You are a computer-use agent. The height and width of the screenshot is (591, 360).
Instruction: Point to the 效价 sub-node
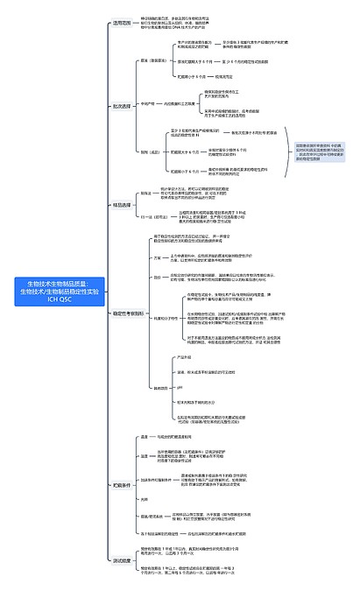click(158, 278)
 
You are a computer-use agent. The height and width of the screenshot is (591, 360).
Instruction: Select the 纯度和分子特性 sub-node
click(166, 318)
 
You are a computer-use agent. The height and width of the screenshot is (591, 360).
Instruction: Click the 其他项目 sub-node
click(161, 387)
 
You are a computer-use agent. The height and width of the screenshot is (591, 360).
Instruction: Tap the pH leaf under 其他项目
click(180, 386)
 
